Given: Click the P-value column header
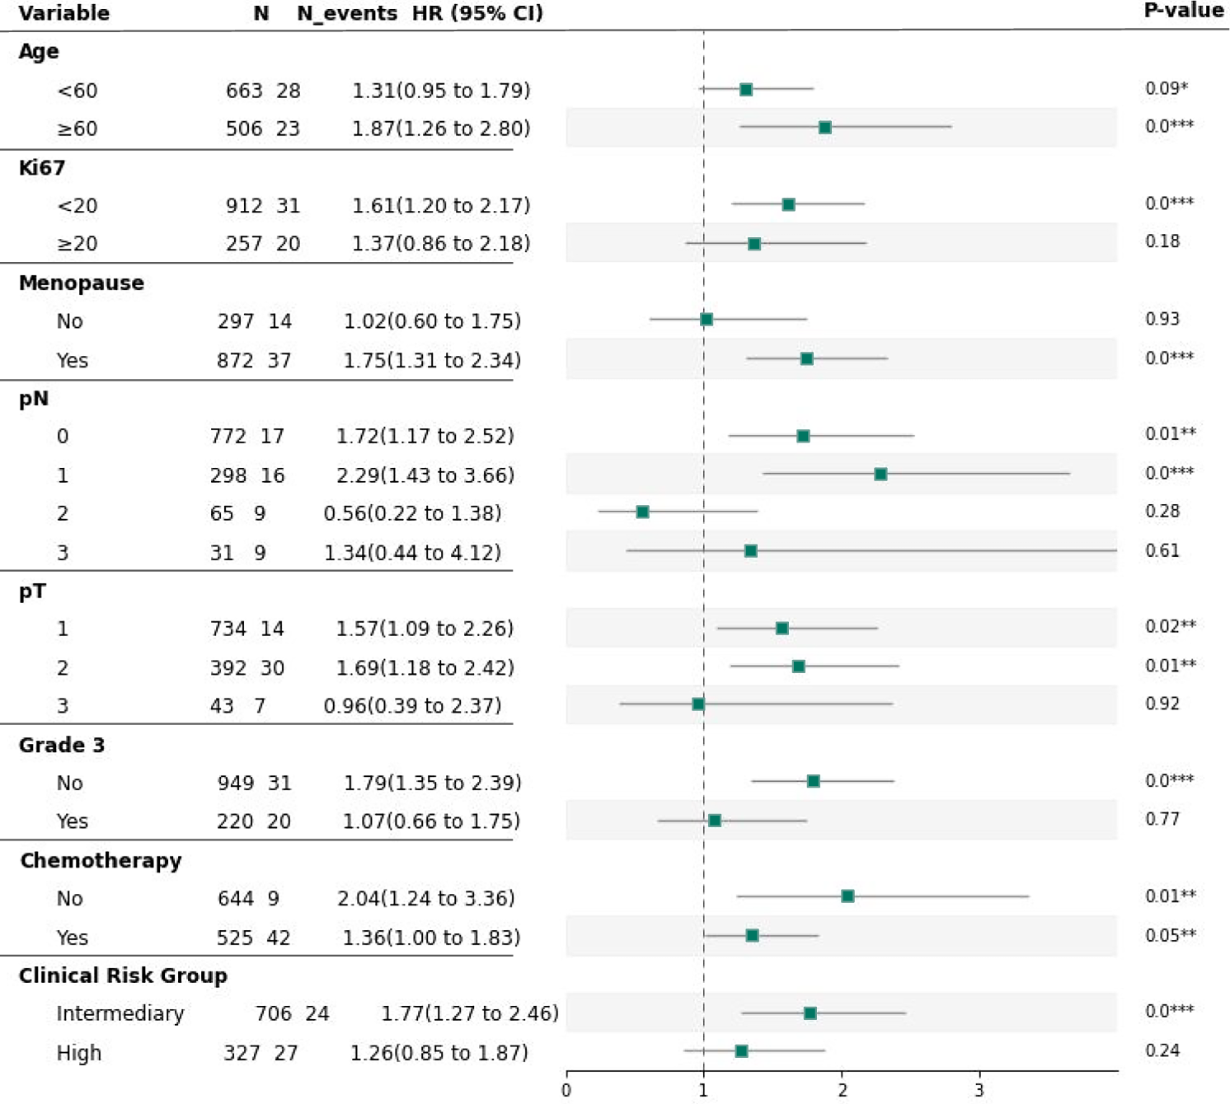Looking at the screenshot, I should point(1183,11).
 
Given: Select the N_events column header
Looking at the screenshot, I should point(347,14).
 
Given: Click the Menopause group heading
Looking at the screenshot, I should point(81,283).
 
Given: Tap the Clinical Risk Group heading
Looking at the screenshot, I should point(123,975).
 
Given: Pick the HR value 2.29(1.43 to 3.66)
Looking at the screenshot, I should point(425,475).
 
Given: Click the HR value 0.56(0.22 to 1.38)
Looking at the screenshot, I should point(412,513).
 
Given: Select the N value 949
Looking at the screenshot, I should point(235,783).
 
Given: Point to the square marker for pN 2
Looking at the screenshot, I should point(642,512).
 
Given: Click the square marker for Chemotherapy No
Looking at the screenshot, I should point(847,896).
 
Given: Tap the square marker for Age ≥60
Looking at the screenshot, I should point(824,128).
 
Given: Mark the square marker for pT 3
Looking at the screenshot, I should point(698,704).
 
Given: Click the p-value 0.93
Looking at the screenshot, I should point(1162,319).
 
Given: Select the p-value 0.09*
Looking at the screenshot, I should point(1167,88).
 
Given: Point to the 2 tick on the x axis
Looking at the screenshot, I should point(842,1090).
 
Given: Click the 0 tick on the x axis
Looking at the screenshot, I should point(566,1090).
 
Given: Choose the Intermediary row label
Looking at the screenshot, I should point(120,1013).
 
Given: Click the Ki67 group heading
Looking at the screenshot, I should point(41,167).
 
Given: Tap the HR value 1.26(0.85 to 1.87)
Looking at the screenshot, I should point(439,1053).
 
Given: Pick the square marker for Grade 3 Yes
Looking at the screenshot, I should point(715,821).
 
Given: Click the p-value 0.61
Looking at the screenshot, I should point(1162,550).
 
